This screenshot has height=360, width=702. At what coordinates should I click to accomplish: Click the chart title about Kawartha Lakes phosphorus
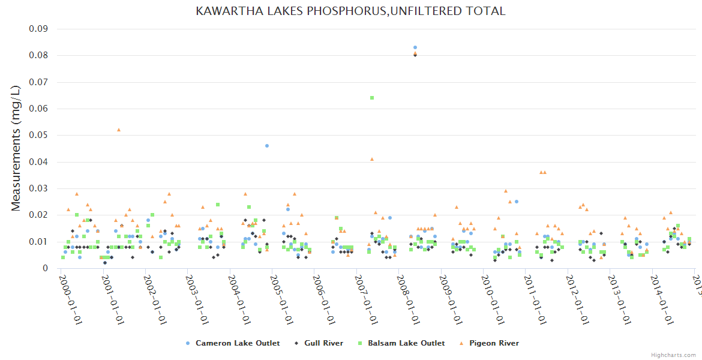[x=350, y=11]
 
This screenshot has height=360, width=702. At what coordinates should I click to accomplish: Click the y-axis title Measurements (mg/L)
[x=16, y=148]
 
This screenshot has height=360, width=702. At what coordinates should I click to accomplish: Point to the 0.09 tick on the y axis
[x=38, y=29]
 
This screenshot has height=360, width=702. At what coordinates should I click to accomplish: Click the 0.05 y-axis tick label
[x=38, y=136]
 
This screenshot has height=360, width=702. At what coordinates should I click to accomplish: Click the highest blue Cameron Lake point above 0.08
[x=415, y=47]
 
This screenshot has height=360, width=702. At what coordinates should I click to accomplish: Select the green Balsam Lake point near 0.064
[x=372, y=98]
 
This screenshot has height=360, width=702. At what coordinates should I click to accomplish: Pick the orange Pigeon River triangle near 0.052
[x=119, y=130]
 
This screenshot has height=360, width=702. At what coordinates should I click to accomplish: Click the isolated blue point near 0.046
[x=267, y=146]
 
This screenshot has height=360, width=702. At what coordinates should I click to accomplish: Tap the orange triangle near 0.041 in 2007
[x=372, y=159]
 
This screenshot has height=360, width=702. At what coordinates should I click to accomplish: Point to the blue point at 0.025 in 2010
[x=517, y=202]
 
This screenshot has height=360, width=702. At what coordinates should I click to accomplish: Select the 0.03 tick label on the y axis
[x=38, y=189]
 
